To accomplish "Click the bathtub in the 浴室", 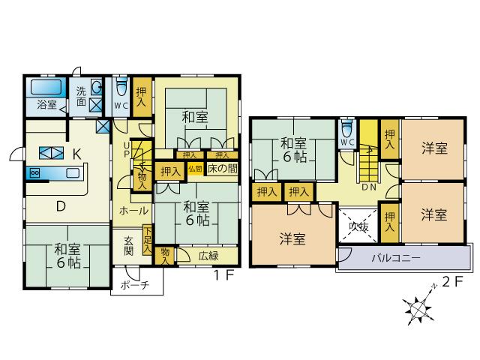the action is pyautogui.click(x=46, y=87).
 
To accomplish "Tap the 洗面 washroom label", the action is pyautogui.click(x=81, y=96).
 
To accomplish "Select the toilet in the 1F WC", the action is pyautogui.click(x=121, y=87).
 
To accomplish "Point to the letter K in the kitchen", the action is pyautogui.click(x=76, y=154).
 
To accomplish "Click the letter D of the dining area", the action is pyautogui.click(x=61, y=207).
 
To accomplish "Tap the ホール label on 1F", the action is pyautogui.click(x=133, y=211).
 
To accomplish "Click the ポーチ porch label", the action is pyautogui.click(x=135, y=285).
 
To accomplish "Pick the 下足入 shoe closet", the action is pyautogui.click(x=148, y=240).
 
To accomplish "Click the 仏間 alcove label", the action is pyautogui.click(x=195, y=169).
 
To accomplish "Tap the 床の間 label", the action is pyautogui.click(x=222, y=169).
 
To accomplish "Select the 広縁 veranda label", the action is pyautogui.click(x=208, y=256).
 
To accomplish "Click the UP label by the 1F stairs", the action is pyautogui.click(x=127, y=149).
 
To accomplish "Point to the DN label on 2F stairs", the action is pyautogui.click(x=369, y=187).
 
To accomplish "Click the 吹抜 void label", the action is pyautogui.click(x=358, y=226).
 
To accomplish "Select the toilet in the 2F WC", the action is pyautogui.click(x=347, y=127).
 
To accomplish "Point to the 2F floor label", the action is pyautogui.click(x=451, y=282).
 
